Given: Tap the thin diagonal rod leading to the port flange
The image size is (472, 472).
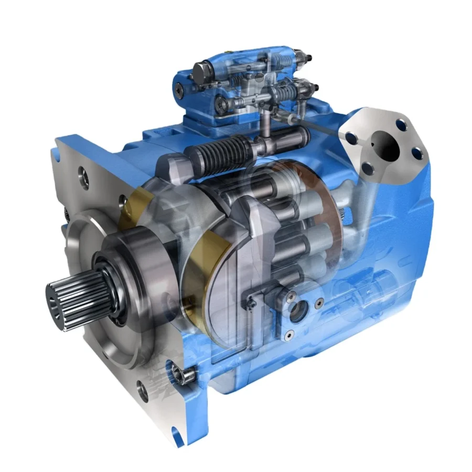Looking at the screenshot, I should click(320, 126).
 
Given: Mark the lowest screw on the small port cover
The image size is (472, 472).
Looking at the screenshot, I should click(288, 334).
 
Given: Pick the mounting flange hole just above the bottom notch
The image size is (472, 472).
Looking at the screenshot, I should click(143, 391).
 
